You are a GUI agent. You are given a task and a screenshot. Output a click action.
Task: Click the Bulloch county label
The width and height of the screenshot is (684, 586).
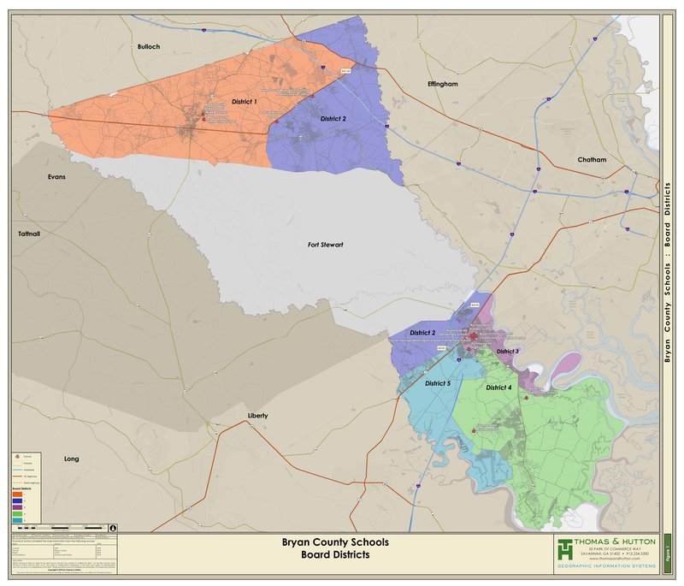(149, 46)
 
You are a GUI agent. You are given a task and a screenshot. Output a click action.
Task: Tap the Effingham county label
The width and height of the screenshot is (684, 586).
(443, 84)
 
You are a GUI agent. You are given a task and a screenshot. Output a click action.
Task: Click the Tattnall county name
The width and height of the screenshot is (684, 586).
(28, 234)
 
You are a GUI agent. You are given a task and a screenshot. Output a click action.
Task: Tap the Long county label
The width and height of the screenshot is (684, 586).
(72, 459)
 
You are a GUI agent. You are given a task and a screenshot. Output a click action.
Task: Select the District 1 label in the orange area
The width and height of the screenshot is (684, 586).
(245, 102)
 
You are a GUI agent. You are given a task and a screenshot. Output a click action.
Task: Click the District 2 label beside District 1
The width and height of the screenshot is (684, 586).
(333, 118)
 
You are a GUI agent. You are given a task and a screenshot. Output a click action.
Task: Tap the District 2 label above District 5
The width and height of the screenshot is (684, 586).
(422, 332)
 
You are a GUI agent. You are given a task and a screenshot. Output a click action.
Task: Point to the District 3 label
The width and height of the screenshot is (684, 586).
(508, 352)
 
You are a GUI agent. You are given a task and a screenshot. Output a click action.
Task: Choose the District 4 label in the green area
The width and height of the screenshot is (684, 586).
(498, 388)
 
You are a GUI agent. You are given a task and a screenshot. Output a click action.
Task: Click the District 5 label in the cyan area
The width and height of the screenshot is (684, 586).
(437, 383)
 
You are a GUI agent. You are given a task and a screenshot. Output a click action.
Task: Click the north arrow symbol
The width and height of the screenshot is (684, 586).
(113, 527)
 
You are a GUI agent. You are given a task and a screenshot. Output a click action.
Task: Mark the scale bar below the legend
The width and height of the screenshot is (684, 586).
(60, 527)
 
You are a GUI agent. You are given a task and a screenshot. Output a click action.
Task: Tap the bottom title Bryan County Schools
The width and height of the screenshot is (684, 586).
(335, 542)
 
